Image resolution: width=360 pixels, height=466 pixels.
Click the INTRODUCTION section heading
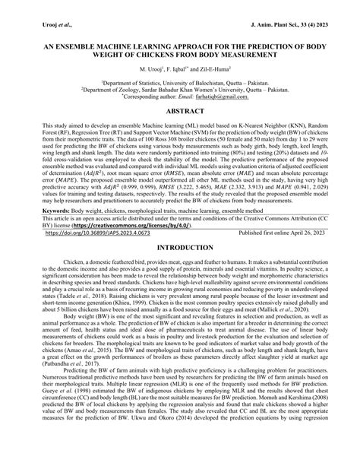(x=180, y=269)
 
